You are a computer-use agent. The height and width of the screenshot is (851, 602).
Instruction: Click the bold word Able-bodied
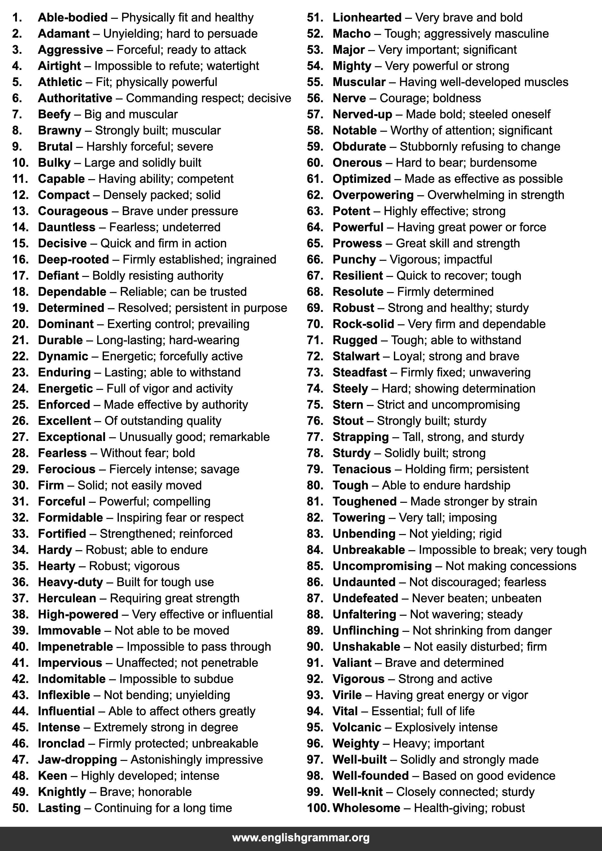(73, 17)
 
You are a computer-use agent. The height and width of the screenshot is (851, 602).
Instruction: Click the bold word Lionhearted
(367, 17)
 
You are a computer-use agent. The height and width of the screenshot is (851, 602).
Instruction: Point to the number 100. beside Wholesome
(318, 808)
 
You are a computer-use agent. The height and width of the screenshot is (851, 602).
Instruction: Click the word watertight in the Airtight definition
(233, 66)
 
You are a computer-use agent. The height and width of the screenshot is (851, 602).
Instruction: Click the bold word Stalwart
(356, 356)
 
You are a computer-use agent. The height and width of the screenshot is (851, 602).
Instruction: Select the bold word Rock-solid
(363, 324)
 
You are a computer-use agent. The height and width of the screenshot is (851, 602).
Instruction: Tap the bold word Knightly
(62, 791)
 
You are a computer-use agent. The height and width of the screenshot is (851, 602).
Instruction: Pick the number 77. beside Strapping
(315, 437)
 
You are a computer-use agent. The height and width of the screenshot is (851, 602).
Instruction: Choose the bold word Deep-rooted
(73, 259)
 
